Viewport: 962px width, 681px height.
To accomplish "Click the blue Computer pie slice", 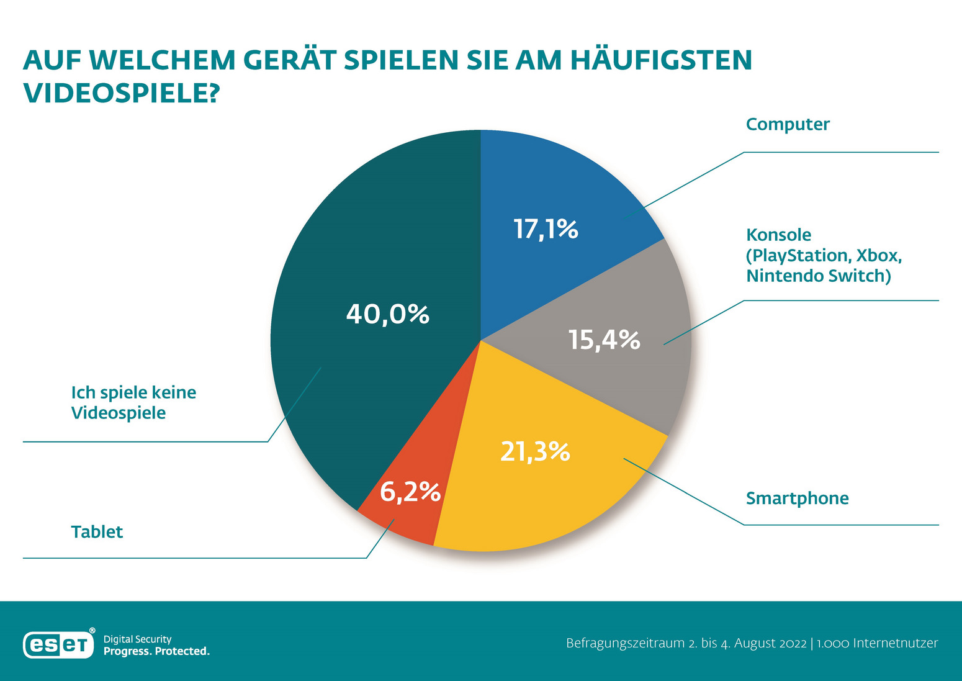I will tap(559, 186).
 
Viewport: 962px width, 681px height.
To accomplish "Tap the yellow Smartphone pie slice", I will tap(546, 497).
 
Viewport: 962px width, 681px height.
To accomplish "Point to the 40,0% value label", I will tap(388, 314).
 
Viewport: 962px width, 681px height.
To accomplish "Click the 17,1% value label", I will tap(546, 230).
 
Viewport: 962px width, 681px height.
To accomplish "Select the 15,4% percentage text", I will tap(605, 340).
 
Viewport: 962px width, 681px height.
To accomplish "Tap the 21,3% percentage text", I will tap(535, 452).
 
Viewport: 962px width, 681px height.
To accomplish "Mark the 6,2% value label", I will tap(410, 492).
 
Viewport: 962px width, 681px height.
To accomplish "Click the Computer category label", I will tap(788, 124).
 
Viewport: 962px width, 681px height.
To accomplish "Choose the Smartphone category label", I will tap(797, 498).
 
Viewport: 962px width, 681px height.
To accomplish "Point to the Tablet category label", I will tap(97, 532).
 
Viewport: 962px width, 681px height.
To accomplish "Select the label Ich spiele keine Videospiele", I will tap(133, 403).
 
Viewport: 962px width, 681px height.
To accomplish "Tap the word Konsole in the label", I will tap(778, 235).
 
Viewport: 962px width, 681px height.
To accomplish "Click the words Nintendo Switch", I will tap(818, 276).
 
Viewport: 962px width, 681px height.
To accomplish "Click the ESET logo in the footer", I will tap(59, 644).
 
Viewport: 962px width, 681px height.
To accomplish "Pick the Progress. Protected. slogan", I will tap(156, 651).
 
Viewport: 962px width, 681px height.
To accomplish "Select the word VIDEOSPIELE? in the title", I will tap(122, 93).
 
